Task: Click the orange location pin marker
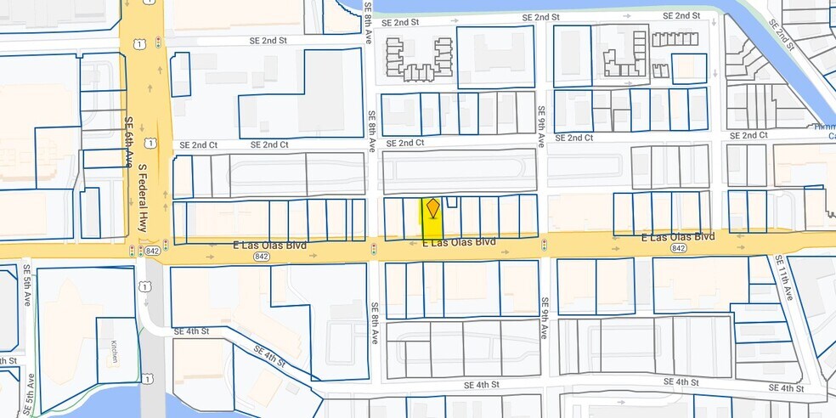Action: click(432, 207)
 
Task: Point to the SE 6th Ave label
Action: click(130, 143)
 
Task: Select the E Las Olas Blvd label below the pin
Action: click(459, 242)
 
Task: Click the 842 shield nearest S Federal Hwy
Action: click(153, 251)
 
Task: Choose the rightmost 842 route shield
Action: click(677, 248)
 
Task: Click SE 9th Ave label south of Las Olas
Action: click(544, 316)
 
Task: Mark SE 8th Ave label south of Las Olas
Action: click(374, 323)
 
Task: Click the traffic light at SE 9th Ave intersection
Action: click(544, 245)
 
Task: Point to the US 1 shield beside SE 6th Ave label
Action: click(150, 143)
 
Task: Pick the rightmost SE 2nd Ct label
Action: click(748, 136)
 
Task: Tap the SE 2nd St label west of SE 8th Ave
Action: click(268, 40)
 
